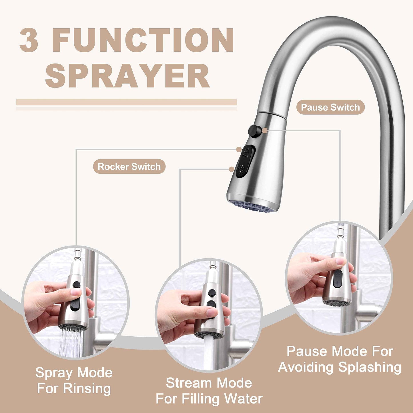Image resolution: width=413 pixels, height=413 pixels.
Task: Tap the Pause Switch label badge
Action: [330, 107]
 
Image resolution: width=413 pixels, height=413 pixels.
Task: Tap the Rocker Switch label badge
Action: [129, 167]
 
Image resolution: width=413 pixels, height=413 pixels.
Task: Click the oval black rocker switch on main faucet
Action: [245, 162]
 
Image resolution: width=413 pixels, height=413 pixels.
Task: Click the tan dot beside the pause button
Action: [265, 131]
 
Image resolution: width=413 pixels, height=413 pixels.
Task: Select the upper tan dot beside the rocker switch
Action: [239, 149]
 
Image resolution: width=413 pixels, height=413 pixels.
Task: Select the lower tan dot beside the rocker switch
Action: [232, 169]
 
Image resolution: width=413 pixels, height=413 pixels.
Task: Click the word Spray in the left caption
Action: [54, 373]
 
